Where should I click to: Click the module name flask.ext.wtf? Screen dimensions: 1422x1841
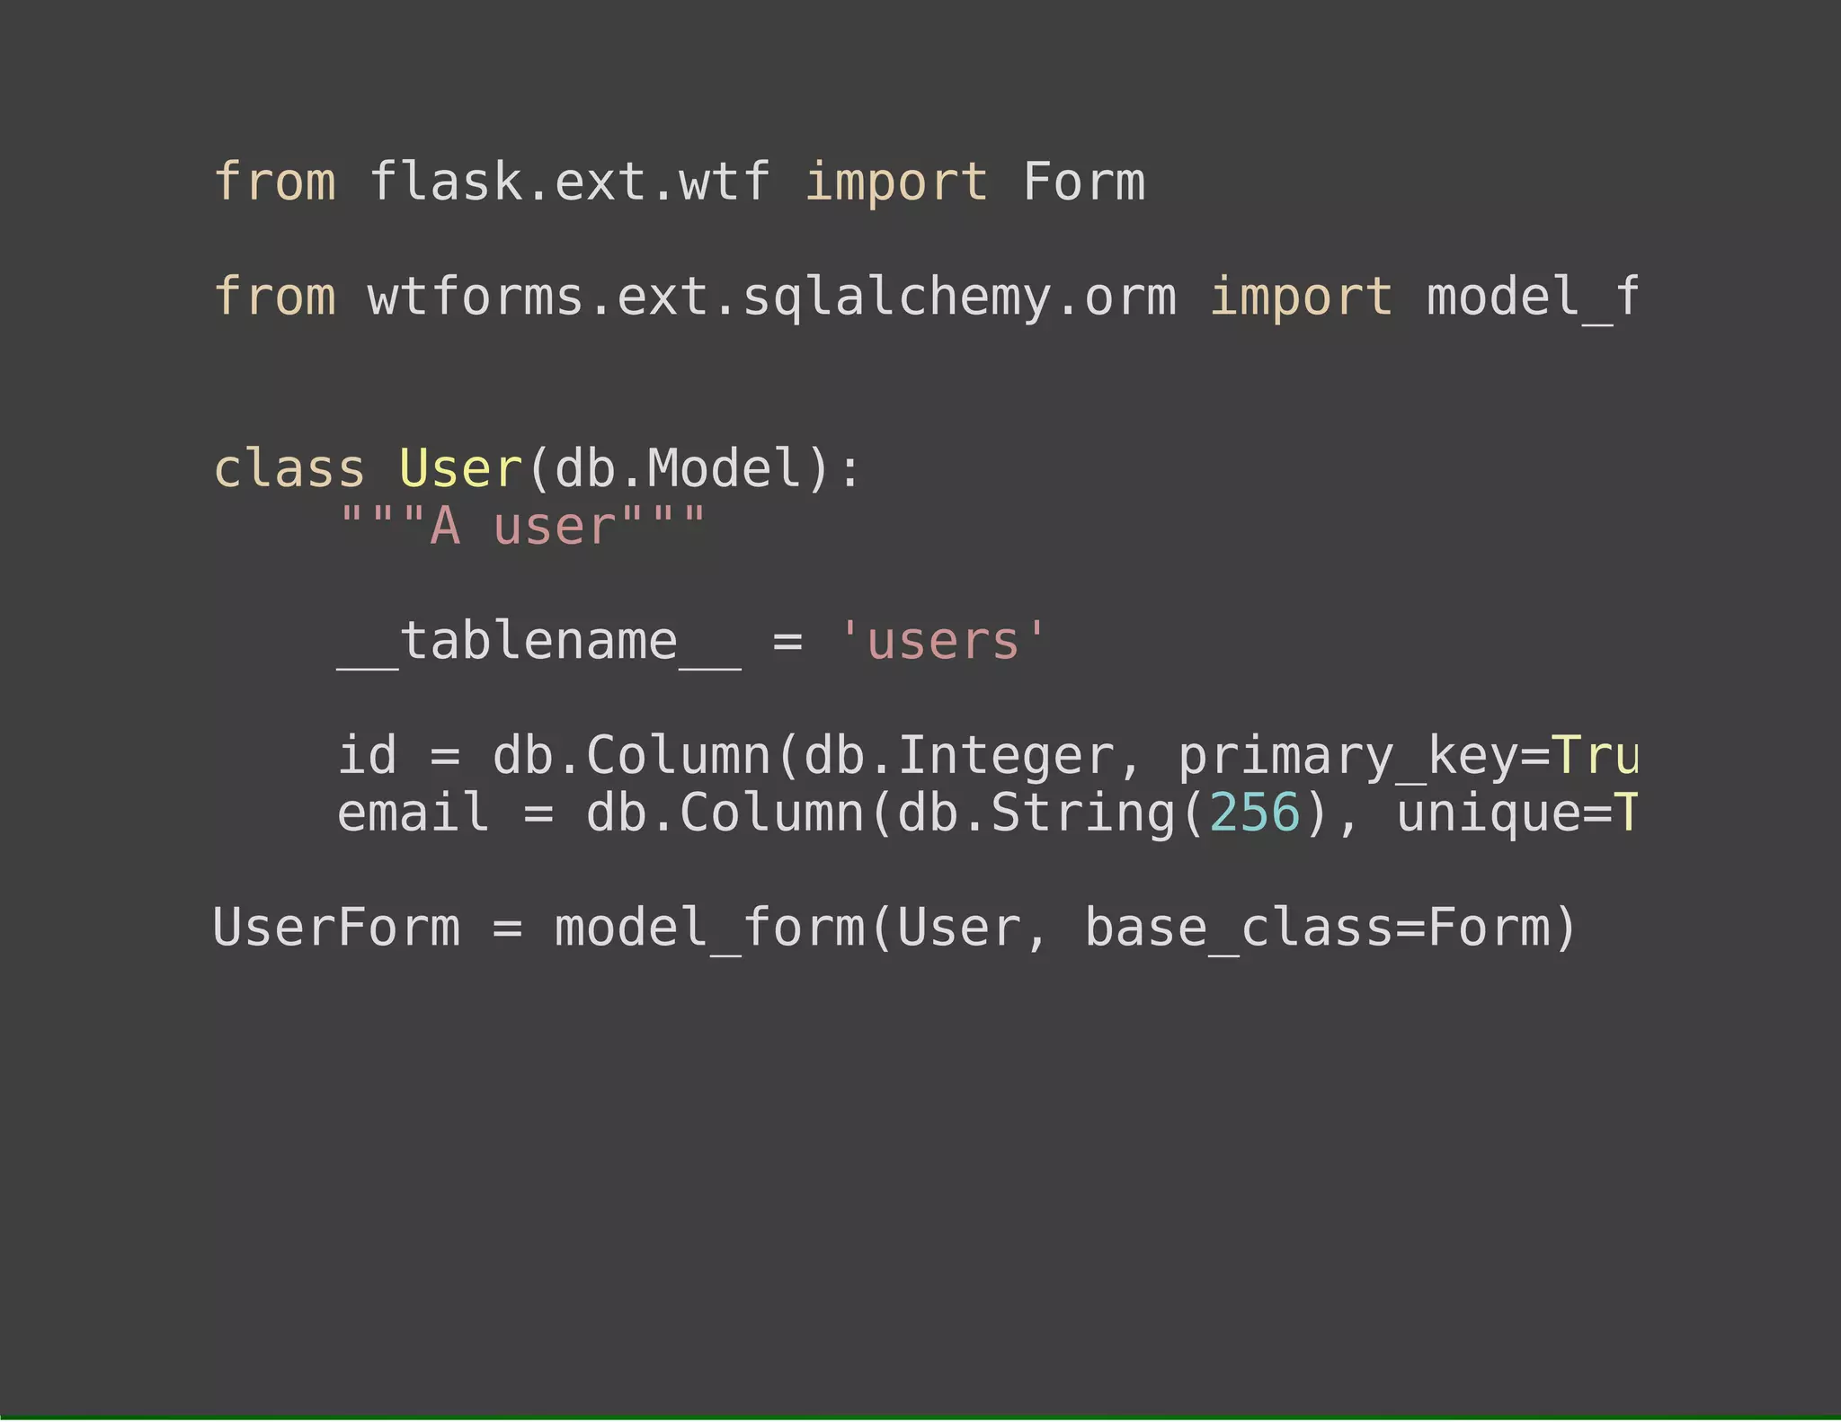[569, 182]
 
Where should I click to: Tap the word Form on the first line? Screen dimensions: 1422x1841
[1083, 182]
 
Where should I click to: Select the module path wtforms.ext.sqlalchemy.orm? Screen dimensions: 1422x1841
[771, 298]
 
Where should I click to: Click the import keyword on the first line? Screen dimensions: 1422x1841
[895, 182]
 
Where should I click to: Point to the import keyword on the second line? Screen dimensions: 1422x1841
[1300, 298]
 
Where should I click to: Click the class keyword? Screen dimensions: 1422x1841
[289, 469]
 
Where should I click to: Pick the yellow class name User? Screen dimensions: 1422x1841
[459, 469]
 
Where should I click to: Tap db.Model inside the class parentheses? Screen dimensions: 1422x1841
[678, 469]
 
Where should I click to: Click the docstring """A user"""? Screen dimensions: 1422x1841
[522, 527]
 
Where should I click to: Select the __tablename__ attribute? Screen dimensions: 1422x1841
[539, 642]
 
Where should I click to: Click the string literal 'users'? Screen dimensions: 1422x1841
[942, 642]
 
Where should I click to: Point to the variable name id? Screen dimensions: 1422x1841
[367, 756]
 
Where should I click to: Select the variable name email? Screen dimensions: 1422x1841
[413, 813]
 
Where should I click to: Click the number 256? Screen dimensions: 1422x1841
[1254, 813]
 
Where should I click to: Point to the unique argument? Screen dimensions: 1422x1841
[1487, 813]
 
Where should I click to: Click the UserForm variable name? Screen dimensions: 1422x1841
[336, 929]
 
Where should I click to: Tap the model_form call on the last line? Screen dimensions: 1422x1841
[710, 929]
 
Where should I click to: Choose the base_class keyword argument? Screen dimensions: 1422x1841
[1238, 929]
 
